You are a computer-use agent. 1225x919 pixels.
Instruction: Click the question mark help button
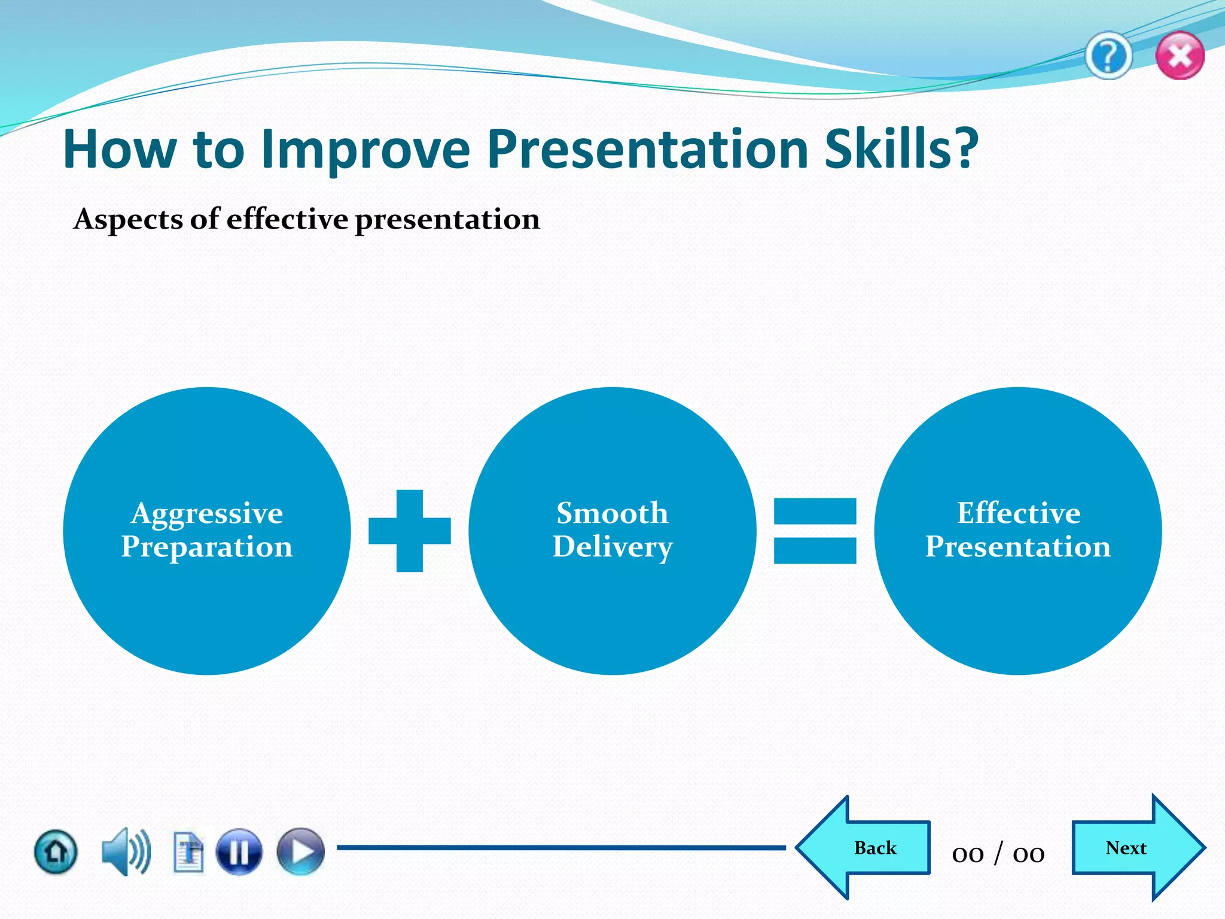tap(1108, 57)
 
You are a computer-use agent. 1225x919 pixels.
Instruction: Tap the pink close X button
tap(1180, 56)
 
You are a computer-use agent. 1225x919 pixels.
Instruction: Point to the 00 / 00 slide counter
tap(998, 853)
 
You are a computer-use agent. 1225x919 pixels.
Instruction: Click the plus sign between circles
tap(410, 531)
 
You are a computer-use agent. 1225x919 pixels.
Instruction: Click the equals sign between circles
tap(815, 531)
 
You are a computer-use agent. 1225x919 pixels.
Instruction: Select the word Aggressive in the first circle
tap(207, 514)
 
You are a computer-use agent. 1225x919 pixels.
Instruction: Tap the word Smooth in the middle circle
tap(612, 513)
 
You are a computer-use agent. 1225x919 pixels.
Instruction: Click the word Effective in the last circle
tap(1018, 513)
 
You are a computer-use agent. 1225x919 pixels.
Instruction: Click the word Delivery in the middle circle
tap(612, 547)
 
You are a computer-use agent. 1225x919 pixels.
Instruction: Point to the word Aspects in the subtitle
tap(128, 220)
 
